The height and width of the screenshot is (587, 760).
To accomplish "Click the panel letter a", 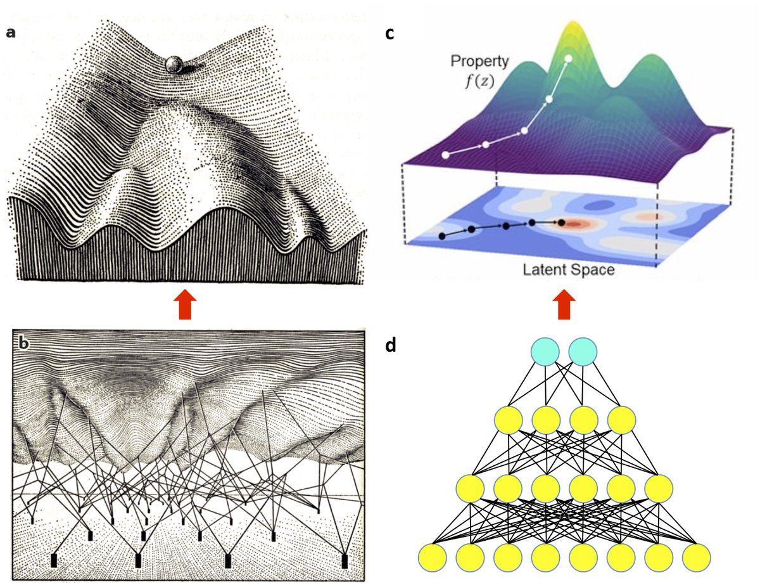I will coord(11,32).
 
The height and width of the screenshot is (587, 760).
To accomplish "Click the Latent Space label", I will coord(568,271).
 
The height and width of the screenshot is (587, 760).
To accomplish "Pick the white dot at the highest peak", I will coord(569,58).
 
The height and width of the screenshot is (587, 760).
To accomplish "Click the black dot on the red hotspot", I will coord(562,222).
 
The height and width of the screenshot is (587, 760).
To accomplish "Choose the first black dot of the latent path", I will coord(441,236).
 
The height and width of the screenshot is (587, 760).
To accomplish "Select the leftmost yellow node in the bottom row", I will coord(433,557).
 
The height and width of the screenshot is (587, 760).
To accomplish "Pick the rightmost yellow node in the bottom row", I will coord(696,557).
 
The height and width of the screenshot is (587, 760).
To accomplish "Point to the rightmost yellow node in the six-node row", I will coord(659,489).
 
